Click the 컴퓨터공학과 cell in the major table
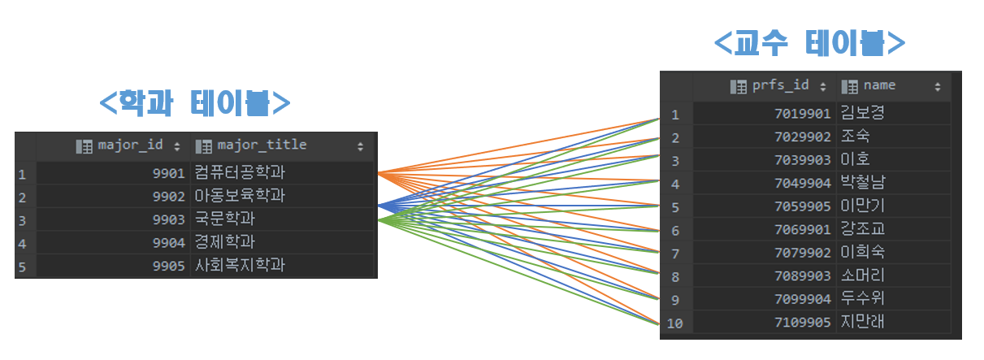click(240, 173)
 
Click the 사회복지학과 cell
click(240, 266)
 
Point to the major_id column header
click(130, 145)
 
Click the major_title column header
click(262, 145)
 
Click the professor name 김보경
click(862, 113)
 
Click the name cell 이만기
click(862, 206)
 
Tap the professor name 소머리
click(862, 275)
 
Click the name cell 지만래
click(862, 323)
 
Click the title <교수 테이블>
click(809, 43)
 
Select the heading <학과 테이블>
click(195, 103)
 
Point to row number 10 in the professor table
click(674, 323)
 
